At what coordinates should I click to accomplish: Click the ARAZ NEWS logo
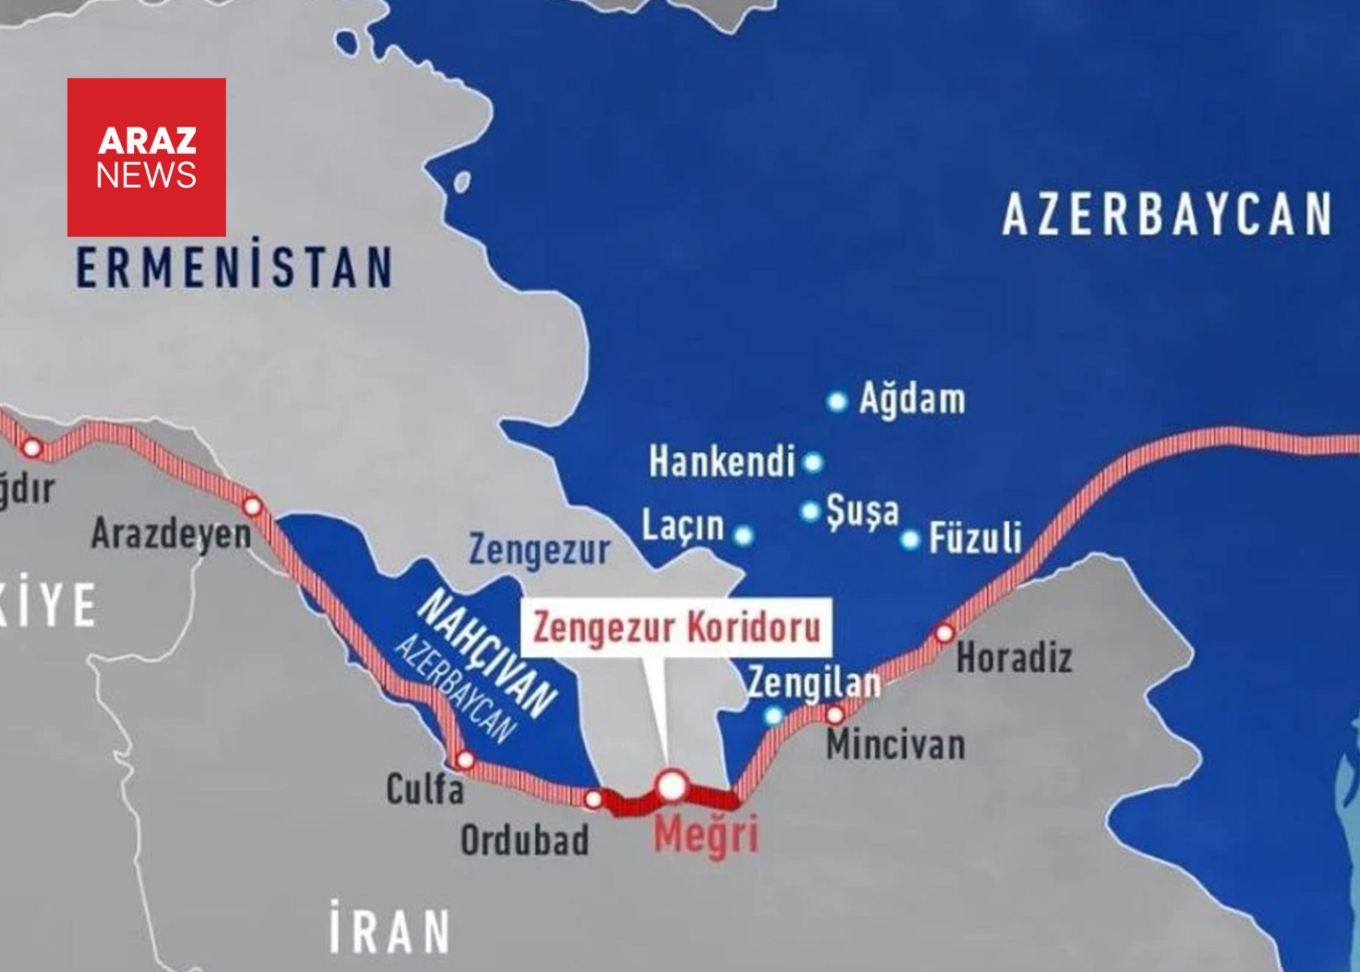point(146,157)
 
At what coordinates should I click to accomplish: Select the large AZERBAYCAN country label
point(1167,215)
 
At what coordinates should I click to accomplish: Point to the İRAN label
point(389,925)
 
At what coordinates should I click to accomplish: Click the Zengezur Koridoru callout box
point(676,628)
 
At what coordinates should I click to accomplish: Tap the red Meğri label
point(705,836)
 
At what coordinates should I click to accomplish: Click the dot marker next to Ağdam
point(837,401)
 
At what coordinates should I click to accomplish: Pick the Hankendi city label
point(722,462)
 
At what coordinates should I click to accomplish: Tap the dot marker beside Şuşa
point(809,511)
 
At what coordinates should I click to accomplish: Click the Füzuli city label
point(975,538)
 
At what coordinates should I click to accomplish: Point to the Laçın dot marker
point(743,535)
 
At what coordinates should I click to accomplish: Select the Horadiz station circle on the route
point(944,633)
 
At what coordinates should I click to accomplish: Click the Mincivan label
point(895,745)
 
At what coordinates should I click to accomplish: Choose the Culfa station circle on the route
point(466,759)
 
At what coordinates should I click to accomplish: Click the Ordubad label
point(525,840)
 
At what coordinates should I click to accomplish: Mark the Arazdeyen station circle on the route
point(252,506)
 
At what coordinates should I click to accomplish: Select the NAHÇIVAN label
point(489,654)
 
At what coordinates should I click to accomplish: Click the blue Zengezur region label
point(539,551)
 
